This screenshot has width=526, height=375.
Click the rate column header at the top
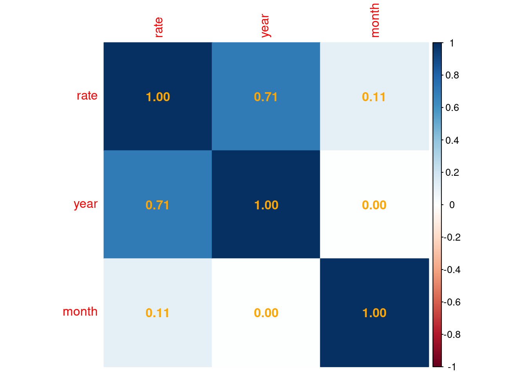(x=158, y=27)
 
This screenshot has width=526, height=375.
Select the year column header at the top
(x=266, y=26)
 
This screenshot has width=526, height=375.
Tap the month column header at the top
(x=375, y=20)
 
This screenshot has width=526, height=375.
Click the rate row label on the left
(x=87, y=96)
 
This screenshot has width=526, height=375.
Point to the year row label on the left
(x=85, y=204)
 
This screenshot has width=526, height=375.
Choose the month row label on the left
(x=80, y=312)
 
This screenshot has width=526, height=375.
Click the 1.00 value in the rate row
(x=158, y=97)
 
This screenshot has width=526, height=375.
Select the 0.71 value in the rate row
(x=266, y=97)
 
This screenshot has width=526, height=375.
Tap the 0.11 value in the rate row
(x=374, y=97)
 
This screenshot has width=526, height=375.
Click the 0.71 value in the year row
(x=157, y=205)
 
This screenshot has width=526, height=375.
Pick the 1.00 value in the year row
(x=266, y=205)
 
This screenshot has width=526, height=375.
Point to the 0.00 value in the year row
(x=374, y=205)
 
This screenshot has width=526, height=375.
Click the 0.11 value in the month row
(x=157, y=313)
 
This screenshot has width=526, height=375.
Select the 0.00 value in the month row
(x=266, y=313)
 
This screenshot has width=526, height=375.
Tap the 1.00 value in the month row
(x=374, y=313)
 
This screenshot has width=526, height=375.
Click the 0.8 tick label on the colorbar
(x=452, y=75)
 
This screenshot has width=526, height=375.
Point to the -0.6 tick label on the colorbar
(x=451, y=302)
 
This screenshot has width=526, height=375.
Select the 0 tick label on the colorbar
(x=452, y=205)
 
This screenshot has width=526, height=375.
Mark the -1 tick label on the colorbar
(x=451, y=367)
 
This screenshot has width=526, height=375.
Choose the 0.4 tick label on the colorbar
(x=452, y=140)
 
